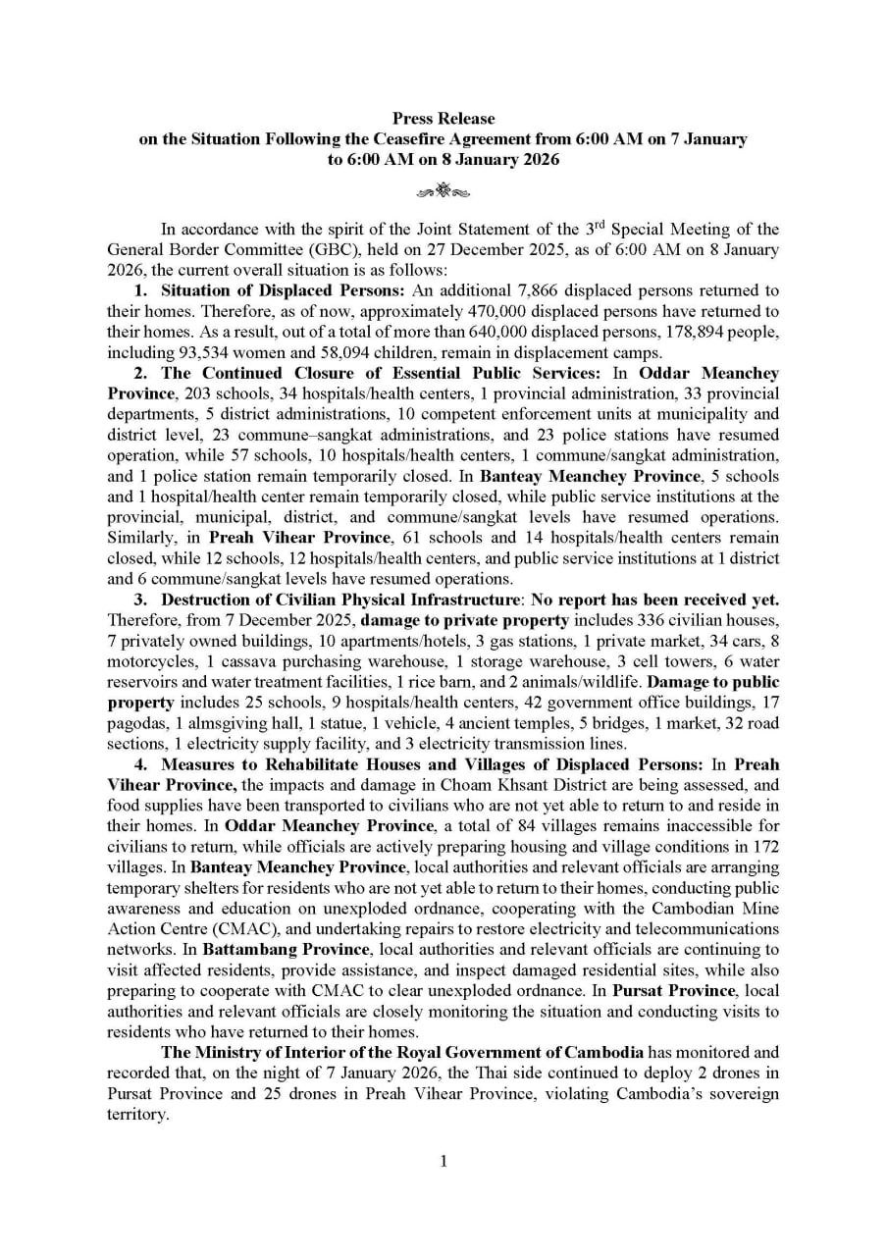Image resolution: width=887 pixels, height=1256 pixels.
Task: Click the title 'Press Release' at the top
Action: pyautogui.click(x=443, y=119)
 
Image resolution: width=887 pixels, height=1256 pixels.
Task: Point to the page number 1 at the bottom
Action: pyautogui.click(x=443, y=1162)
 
